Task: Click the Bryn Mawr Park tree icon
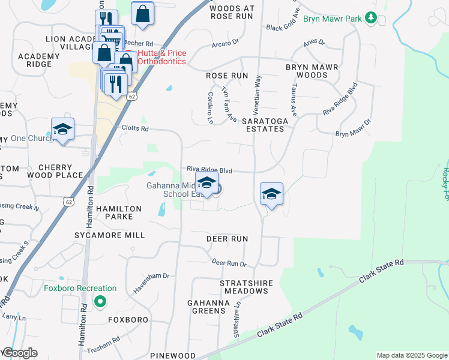pos(372,19)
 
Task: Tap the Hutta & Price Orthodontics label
pos(161,58)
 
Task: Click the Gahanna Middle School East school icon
pos(206,183)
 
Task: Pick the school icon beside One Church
pos(62,129)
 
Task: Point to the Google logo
pos(19,353)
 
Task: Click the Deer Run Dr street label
pos(229,263)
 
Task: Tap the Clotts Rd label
pos(134,128)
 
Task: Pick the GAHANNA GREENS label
pos(208,307)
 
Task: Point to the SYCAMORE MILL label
pos(109,235)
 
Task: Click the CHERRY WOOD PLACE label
pos(60,171)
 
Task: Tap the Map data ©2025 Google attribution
pos(411,355)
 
